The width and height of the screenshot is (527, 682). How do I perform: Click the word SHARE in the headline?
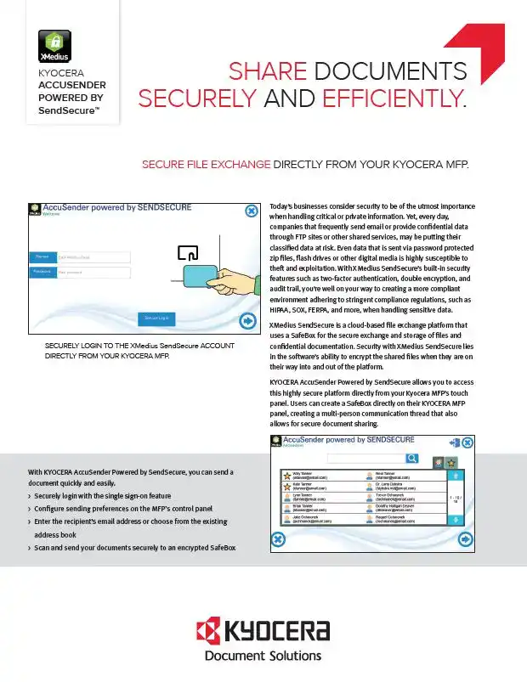pyautogui.click(x=272, y=70)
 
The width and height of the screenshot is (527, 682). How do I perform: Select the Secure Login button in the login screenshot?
pyautogui.click(x=156, y=318)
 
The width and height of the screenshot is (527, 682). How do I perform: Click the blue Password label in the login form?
pyautogui.click(x=41, y=272)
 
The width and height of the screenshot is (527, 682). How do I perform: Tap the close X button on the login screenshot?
pyautogui.click(x=252, y=211)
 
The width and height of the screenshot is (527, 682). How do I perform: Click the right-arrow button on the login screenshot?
pyautogui.click(x=248, y=321)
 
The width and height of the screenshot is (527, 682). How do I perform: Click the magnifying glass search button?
pyautogui.click(x=411, y=459)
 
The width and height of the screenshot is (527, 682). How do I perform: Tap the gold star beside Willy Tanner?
pyautogui.click(x=286, y=475)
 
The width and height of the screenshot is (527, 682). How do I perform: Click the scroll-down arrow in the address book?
pyautogui.click(x=456, y=521)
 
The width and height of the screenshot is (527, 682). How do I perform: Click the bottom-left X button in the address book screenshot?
pyautogui.click(x=278, y=539)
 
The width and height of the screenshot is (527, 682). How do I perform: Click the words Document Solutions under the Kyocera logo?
pyautogui.click(x=263, y=655)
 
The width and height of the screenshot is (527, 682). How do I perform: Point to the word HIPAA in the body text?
pyautogui.click(x=281, y=311)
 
